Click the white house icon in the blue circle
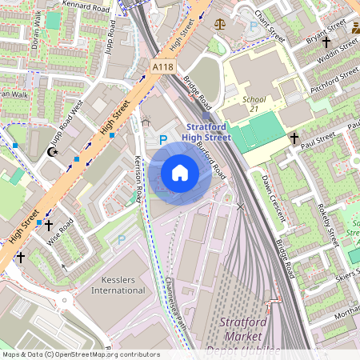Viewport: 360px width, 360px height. (x=180, y=172)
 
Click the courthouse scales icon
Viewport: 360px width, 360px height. (x=222, y=25)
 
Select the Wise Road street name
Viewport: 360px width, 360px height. (x=62, y=229)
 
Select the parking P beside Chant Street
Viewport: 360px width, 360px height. (x=254, y=26)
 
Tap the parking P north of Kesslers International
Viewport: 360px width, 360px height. (x=122, y=239)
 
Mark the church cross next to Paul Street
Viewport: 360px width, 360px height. (x=294, y=139)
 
